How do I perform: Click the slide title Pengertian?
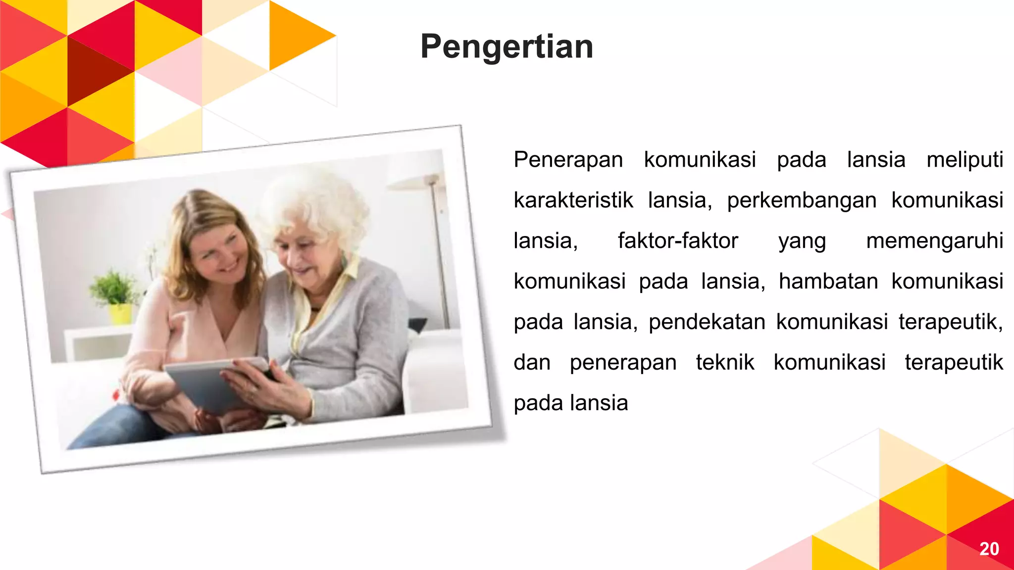click(507, 47)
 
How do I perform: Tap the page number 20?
click(989, 549)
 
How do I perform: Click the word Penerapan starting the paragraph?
click(568, 160)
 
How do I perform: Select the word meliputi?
click(964, 160)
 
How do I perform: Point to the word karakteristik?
click(573, 200)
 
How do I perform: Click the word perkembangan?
click(802, 200)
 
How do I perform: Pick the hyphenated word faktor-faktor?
click(678, 241)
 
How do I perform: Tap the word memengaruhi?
click(934, 241)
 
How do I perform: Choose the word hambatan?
click(828, 282)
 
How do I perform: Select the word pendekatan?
click(707, 322)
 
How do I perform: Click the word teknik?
click(725, 363)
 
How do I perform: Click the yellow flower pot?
click(120, 314)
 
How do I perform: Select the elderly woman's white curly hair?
click(317, 203)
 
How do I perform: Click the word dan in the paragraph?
click(532, 363)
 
